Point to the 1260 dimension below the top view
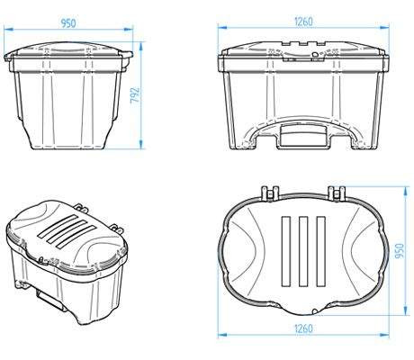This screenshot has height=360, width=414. pos(302,329)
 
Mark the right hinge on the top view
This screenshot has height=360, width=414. pos(337,192)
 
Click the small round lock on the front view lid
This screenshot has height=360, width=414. pos(314,53)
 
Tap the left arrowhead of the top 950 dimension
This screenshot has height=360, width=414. pos(5,30)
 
